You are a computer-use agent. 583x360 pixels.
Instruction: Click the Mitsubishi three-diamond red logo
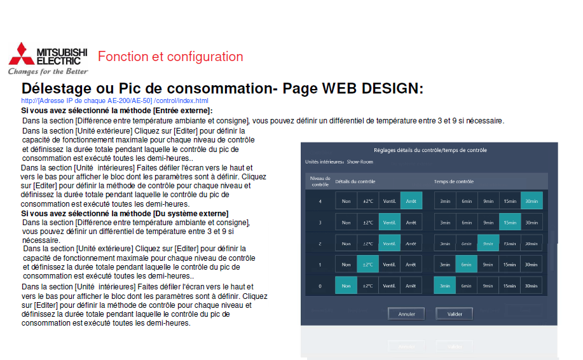[x=22, y=54]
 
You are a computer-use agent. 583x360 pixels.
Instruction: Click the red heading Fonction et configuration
[x=170, y=57]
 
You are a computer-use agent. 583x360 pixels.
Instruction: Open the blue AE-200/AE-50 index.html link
[x=114, y=100]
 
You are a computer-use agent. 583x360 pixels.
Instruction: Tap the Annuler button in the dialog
[x=406, y=314]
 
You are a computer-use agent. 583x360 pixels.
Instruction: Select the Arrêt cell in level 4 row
[x=411, y=201]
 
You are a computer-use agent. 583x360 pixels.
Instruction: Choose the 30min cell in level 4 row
[x=532, y=201]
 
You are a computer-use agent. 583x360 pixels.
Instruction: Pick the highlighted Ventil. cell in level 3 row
[x=389, y=223]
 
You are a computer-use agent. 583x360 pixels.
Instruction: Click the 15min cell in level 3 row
[x=510, y=223]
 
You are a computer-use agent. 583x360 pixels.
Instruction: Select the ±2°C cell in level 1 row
[x=367, y=265]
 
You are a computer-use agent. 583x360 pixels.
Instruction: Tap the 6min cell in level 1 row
[x=466, y=265]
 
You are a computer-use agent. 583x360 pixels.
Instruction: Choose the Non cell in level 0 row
[x=346, y=286]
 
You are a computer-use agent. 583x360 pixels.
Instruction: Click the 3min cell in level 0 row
[x=444, y=286]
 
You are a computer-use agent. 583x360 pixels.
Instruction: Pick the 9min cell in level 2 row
[x=488, y=244]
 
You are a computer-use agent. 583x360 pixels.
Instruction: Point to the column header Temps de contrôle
[x=453, y=181]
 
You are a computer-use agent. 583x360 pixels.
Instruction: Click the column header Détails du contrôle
[x=355, y=181]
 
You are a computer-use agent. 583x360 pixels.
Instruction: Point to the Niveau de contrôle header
[x=320, y=181]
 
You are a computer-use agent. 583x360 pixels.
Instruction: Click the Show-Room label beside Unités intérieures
[x=360, y=162]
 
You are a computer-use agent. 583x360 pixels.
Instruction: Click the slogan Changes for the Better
[x=48, y=71]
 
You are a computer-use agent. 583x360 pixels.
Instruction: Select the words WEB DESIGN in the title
[x=373, y=88]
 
